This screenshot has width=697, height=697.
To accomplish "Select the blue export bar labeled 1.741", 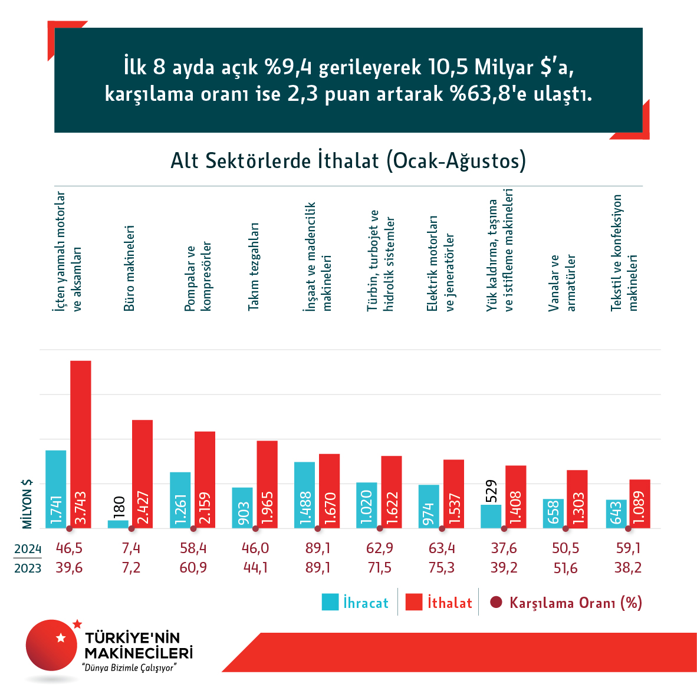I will [56, 489].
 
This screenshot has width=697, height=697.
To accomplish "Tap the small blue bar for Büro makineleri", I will [118, 524].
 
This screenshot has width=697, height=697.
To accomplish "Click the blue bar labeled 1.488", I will [304, 495].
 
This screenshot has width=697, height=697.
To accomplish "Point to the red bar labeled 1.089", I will [640, 504].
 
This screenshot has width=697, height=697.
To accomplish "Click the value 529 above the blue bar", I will [491, 491].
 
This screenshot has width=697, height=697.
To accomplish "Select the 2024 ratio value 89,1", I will [318, 548].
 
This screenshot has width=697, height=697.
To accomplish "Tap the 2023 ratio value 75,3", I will [442, 568].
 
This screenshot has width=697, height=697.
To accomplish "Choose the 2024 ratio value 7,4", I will [131, 548].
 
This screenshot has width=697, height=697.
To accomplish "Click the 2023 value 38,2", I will [628, 568].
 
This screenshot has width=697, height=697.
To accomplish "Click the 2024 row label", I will [28, 549].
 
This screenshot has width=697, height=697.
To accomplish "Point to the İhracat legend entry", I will [355, 603].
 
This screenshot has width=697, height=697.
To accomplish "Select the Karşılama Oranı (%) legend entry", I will [566, 603].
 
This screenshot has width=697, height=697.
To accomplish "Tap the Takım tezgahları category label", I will [254, 267].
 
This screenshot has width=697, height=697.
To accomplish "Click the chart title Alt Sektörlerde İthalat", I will [348, 161].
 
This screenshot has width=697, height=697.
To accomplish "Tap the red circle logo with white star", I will [52, 645].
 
